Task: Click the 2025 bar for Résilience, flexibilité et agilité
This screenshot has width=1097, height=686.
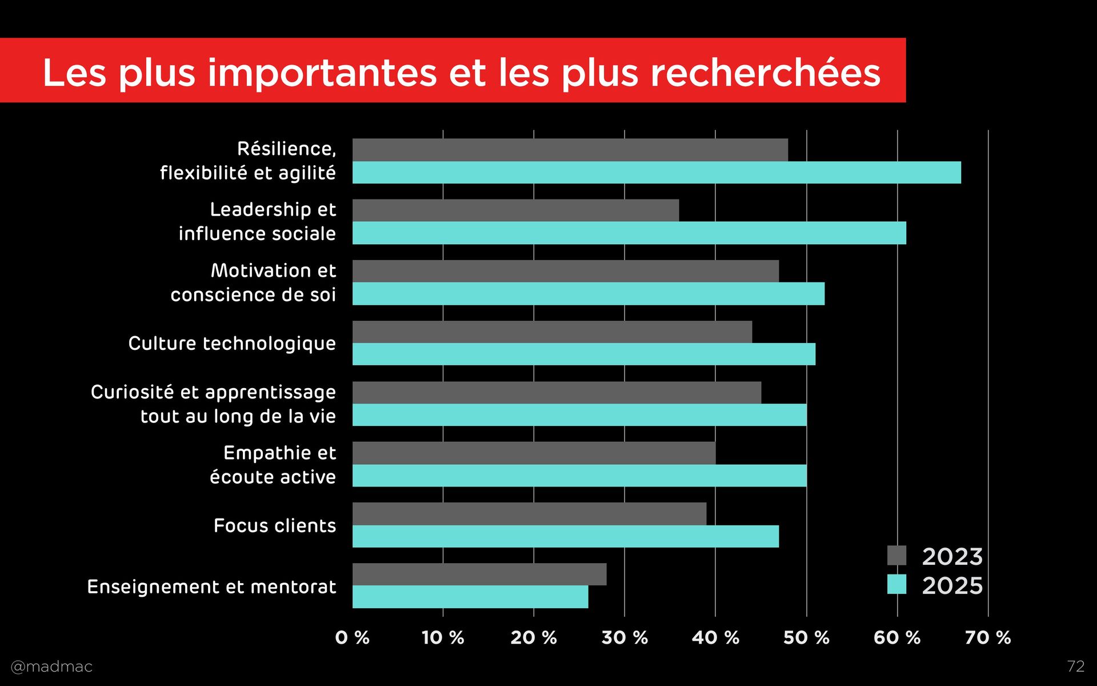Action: click(656, 173)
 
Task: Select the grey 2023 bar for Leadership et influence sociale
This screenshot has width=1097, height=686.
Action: click(515, 210)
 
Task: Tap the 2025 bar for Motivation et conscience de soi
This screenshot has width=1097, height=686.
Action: click(588, 294)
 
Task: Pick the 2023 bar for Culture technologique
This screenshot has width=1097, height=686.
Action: click(552, 332)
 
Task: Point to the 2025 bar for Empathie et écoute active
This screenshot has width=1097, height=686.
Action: click(579, 476)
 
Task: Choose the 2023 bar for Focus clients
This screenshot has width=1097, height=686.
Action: click(529, 513)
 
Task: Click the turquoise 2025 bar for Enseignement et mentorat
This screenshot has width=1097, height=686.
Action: click(470, 597)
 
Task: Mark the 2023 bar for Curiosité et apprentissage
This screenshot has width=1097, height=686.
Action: click(556, 392)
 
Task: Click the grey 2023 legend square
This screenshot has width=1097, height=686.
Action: click(896, 556)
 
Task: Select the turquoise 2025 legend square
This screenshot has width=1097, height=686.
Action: click(896, 585)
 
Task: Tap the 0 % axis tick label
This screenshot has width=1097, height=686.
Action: click(352, 637)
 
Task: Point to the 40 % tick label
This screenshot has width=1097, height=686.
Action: click(715, 637)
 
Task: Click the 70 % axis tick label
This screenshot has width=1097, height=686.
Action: click(988, 637)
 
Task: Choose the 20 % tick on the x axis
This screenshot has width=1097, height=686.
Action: click(534, 637)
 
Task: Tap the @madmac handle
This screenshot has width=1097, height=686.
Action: click(51, 667)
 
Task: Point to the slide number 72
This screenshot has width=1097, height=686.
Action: click(1075, 666)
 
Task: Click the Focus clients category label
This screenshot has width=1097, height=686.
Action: click(275, 526)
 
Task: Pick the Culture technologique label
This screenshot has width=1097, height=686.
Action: click(232, 344)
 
